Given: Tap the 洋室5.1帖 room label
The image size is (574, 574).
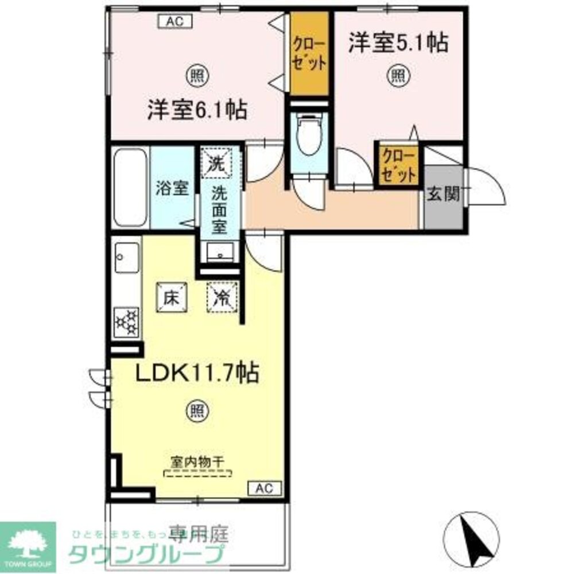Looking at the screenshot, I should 398,43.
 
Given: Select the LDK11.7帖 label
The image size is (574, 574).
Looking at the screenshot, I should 196,374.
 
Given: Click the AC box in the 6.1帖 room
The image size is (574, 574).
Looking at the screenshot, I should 175,22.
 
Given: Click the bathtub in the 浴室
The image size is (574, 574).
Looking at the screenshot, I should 130,187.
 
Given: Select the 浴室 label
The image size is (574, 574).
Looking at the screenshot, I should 172,188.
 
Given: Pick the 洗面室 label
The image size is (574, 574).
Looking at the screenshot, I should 219,209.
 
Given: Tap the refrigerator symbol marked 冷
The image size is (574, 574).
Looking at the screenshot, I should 221,297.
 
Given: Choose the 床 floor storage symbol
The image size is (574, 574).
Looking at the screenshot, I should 172,297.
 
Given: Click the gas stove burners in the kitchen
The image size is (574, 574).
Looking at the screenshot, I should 127,321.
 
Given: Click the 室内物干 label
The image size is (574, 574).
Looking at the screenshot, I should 197,461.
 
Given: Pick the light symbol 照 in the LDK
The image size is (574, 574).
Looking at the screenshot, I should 196,410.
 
